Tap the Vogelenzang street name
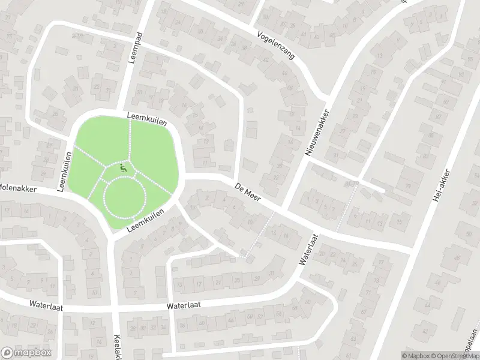coord(276,45)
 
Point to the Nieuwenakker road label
coord(317,133)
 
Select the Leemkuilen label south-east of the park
coord(145,222)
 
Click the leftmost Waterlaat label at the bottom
coord(46,304)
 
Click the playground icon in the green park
coord(124,170)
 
